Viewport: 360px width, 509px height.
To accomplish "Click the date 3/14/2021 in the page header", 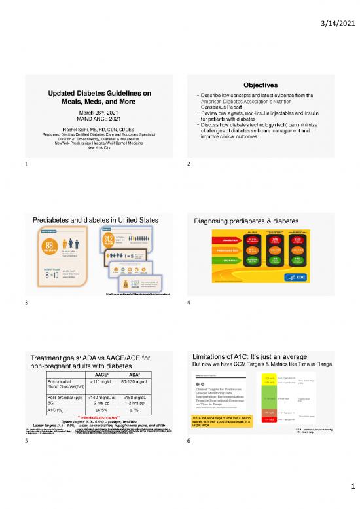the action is (336, 14).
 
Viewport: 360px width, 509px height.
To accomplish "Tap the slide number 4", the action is (188, 303).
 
